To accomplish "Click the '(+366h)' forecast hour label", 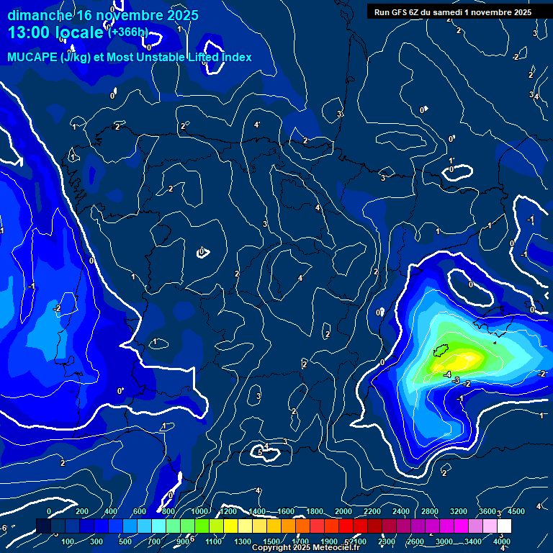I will [127, 32].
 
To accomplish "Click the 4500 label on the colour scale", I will [516, 511].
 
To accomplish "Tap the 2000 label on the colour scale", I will [343, 511].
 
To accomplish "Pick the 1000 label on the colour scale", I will [199, 511].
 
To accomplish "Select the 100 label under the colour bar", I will [69, 541].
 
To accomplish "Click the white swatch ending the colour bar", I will [503, 526].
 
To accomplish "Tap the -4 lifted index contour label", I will [447, 375].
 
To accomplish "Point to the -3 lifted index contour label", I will [457, 379].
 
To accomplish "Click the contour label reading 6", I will [260, 452].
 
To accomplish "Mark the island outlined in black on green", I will [441, 351].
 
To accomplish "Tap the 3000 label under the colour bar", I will [444, 541].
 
